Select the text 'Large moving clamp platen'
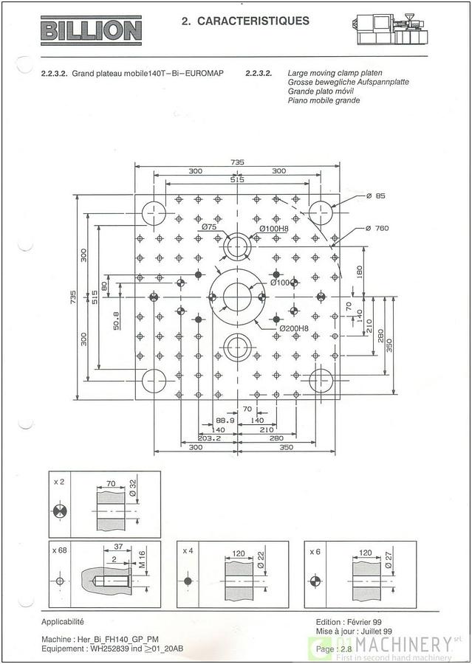(x=335, y=74)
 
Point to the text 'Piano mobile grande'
(x=324, y=100)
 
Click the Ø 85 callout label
(x=376, y=196)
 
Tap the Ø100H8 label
(x=273, y=229)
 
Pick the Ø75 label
(x=208, y=228)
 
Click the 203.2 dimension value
(x=208, y=438)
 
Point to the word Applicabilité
(x=63, y=621)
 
